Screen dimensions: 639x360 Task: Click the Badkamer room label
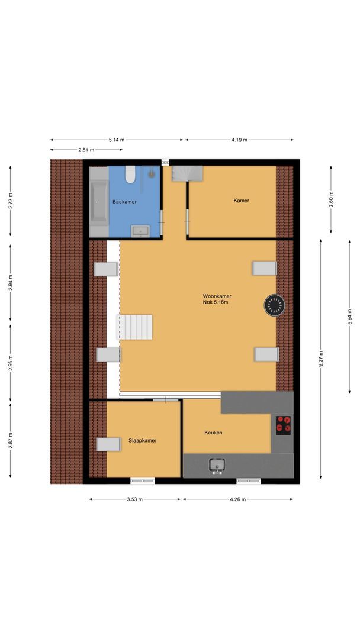click(x=124, y=202)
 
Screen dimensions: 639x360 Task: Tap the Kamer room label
click(x=241, y=201)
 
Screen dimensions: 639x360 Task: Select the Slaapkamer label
click(x=142, y=440)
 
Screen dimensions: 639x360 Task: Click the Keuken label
click(x=213, y=433)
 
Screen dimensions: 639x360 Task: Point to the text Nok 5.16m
click(x=216, y=302)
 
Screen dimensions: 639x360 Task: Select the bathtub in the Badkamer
click(x=98, y=202)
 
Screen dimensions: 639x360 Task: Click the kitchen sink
click(x=217, y=466)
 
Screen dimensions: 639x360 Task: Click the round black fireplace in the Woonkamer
click(x=274, y=305)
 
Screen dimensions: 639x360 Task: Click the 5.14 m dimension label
click(x=117, y=140)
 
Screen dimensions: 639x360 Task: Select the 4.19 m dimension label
click(x=239, y=140)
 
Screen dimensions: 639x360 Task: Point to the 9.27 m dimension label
click(x=321, y=359)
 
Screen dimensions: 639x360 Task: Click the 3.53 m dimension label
click(x=134, y=499)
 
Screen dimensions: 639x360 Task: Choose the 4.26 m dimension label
click(x=237, y=499)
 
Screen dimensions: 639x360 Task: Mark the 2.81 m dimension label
click(x=86, y=150)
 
